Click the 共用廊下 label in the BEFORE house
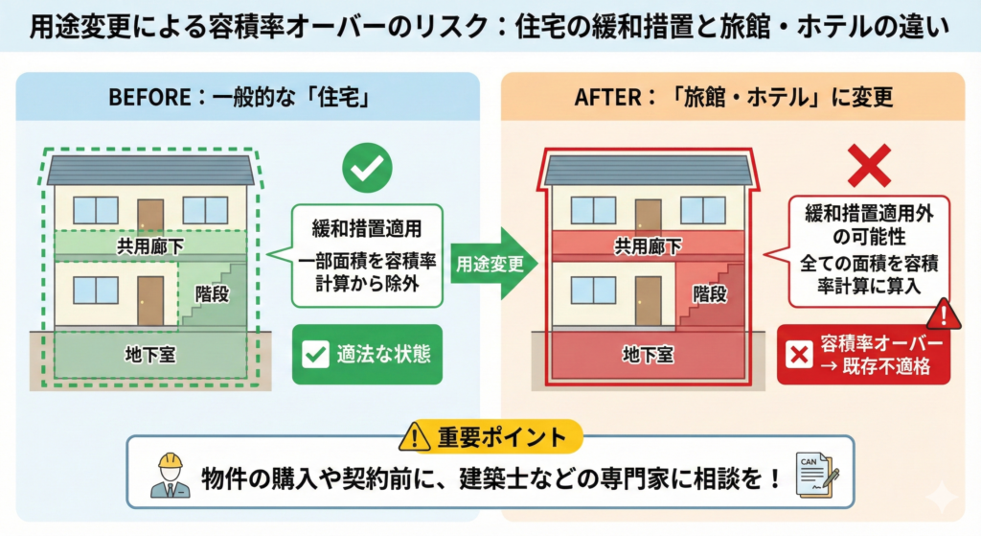pyautogui.click(x=150, y=246)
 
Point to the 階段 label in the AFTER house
pyautogui.click(x=709, y=294)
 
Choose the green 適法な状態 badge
pyautogui.click(x=367, y=355)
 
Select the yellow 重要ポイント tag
pyautogui.click(x=490, y=437)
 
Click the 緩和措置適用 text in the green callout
pyautogui.click(x=367, y=230)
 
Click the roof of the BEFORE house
pyautogui.click(x=150, y=170)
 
